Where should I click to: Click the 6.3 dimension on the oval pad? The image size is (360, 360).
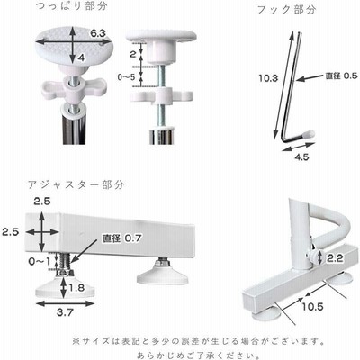tap(98, 33)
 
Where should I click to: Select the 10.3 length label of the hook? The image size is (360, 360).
tap(268, 78)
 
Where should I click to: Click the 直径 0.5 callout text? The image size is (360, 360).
tap(342, 76)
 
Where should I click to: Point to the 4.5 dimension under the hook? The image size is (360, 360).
tap(301, 157)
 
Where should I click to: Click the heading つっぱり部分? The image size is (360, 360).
tap(71, 6)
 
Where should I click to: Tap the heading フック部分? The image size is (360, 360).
tap(287, 10)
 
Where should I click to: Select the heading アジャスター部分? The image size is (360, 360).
tap(76, 184)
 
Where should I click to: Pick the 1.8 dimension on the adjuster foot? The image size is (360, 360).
tap(76, 288)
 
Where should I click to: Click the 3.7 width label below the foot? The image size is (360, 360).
tap(65, 312)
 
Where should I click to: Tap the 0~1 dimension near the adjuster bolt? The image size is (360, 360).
tap(40, 262)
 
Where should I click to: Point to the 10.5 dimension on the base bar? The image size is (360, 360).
tap(312, 307)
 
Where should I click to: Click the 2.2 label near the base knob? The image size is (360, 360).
tap(335, 258)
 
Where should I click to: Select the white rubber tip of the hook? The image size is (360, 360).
tap(310, 133)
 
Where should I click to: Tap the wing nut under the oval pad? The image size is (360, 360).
tap(74, 89)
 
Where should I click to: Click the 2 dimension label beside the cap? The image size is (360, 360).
tap(133, 54)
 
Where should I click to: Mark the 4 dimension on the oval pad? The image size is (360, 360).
tap(81, 58)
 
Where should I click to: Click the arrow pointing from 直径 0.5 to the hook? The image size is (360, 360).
tap(310, 77)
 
